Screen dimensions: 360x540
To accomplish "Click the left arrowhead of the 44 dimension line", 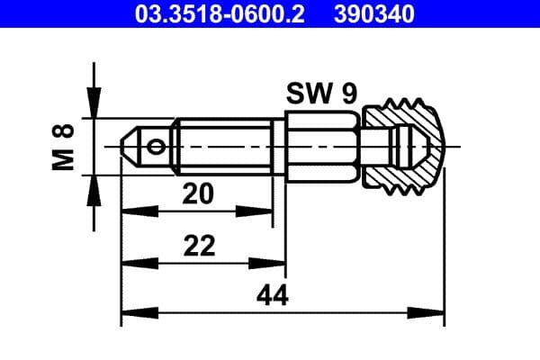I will pos(130,314).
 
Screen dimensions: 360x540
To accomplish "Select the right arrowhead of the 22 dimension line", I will pos(276,263).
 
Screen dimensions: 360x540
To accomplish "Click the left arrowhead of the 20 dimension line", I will pos(130,211).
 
